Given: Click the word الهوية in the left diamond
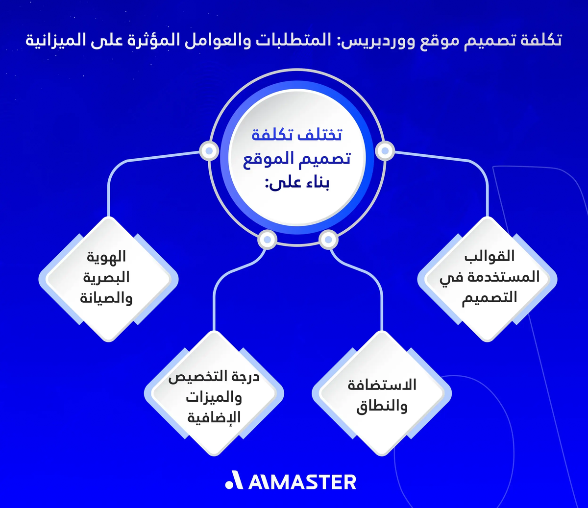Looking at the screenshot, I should (x=106, y=256).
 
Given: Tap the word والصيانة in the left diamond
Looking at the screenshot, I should (x=106, y=298).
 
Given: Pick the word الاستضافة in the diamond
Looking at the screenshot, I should (x=382, y=385).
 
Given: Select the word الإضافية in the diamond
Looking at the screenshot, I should (x=214, y=418).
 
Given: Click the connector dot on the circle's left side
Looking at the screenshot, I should (x=209, y=151).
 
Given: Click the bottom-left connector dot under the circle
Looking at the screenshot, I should (x=267, y=240).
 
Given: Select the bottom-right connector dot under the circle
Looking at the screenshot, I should (x=328, y=240).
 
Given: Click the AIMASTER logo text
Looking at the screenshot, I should (x=302, y=482).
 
